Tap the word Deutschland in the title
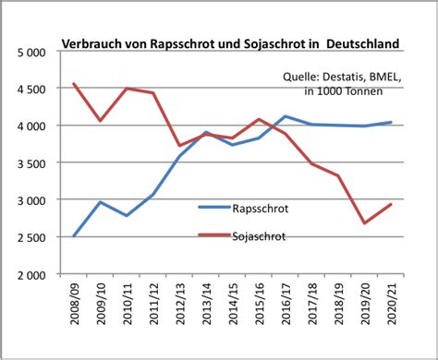[x=356, y=43]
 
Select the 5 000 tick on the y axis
[x=31, y=53]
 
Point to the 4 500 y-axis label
[x=31, y=90]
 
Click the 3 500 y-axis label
[x=31, y=163]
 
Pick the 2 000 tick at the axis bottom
[x=31, y=274]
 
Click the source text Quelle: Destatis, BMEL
[x=344, y=78]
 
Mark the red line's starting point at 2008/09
[x=74, y=84]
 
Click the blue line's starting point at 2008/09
[x=74, y=235]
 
